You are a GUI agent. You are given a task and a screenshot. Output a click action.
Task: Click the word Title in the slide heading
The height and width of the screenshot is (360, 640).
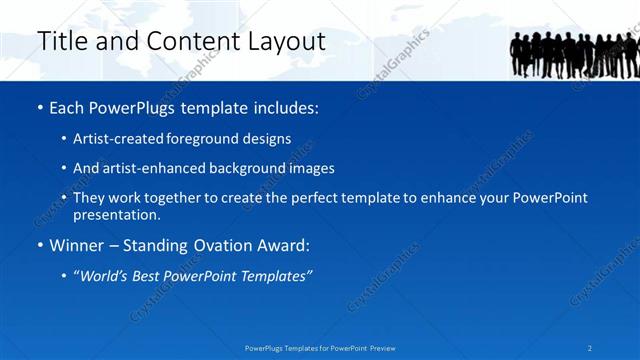coord(59,41)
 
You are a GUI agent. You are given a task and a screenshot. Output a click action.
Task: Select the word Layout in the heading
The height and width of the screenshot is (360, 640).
coord(289,41)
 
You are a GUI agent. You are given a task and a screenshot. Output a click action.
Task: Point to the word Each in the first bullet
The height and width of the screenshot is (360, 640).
coord(67,106)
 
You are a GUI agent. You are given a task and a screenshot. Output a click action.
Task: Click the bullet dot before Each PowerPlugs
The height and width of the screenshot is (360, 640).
coord(39,107)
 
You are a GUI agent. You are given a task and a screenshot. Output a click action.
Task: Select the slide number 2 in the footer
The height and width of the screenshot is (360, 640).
coord(590,348)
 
